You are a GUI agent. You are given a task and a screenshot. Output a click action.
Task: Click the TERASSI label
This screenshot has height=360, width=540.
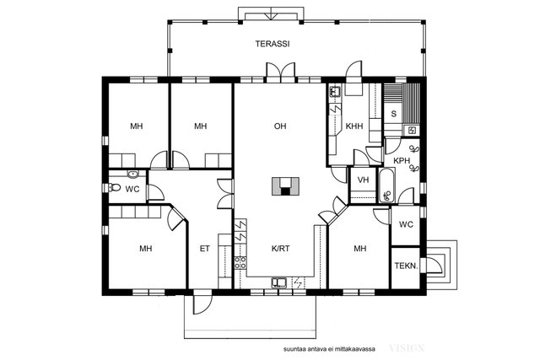[272, 44]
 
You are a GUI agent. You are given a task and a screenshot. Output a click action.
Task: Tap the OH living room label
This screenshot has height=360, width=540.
[280, 126]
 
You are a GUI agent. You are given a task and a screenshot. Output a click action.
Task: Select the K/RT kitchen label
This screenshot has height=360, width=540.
[280, 249]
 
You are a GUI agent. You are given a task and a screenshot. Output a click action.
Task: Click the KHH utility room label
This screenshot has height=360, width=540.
[354, 126]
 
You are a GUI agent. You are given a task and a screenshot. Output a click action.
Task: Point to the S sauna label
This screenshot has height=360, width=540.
[394, 115]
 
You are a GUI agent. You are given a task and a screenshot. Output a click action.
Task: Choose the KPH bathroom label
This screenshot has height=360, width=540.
[402, 161]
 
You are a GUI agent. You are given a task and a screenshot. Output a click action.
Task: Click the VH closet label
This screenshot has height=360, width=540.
[363, 180]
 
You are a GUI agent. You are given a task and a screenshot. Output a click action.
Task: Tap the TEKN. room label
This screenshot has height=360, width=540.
[407, 266]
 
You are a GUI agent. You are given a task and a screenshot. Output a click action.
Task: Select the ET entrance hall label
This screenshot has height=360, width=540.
[204, 249]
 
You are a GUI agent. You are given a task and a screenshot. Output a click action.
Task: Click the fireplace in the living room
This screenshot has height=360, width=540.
[285, 186]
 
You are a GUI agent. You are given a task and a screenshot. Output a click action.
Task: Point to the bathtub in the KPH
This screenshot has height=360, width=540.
[387, 185]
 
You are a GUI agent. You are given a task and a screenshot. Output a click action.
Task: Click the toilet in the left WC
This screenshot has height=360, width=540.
[115, 187]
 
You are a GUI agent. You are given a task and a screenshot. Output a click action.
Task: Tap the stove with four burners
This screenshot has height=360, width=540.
[240, 262]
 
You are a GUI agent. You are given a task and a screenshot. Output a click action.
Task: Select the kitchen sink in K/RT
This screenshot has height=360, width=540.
[279, 282]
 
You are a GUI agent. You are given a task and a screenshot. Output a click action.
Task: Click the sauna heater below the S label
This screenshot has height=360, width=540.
[412, 130]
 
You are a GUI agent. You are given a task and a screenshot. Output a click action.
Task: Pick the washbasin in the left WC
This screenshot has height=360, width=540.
[132, 175]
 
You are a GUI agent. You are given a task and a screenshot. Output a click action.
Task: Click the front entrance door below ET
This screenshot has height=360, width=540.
[202, 302]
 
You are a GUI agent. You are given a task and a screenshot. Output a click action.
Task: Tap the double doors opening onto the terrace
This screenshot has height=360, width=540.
[281, 73]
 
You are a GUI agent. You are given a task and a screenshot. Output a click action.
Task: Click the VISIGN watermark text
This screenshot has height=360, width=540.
[407, 348]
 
